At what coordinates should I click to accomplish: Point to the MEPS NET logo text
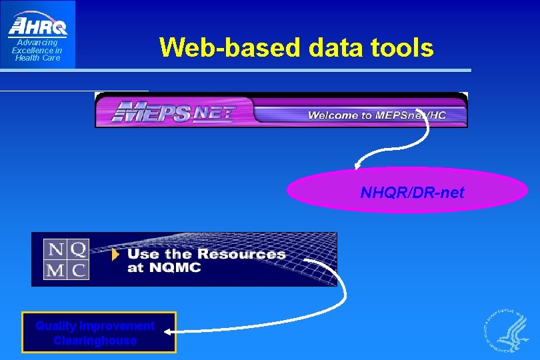[x=173, y=111]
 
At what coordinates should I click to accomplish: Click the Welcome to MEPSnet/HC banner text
[x=377, y=115]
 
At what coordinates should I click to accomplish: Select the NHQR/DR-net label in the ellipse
[x=412, y=193]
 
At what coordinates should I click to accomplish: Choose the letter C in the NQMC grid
[x=78, y=269]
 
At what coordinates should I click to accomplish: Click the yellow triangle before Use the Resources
[x=116, y=254]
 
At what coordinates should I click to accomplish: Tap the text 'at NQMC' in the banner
[x=164, y=269]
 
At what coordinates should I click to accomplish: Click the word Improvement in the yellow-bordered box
[x=117, y=326]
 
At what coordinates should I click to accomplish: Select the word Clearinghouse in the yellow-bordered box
[x=95, y=341]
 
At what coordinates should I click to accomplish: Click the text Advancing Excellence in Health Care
[x=37, y=50]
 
